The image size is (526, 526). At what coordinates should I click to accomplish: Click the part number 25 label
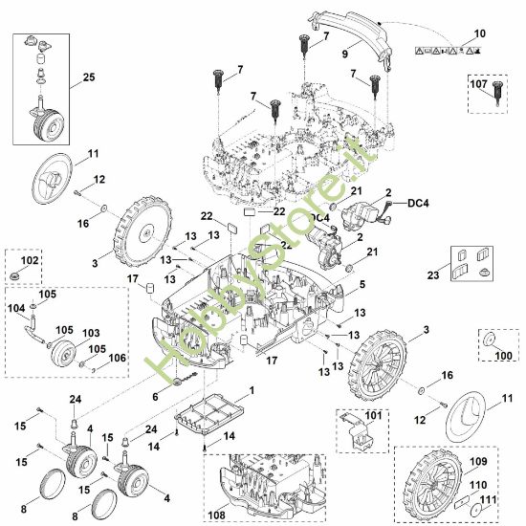coord(89,77)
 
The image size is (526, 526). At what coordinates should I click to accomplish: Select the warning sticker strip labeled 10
coord(448,51)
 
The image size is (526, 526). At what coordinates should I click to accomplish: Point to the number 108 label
coord(216,515)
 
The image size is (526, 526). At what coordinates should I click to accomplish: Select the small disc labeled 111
coord(475,511)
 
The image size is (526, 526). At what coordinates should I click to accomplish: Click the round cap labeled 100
coord(489,340)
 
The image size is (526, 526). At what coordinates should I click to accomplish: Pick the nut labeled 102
coord(14,276)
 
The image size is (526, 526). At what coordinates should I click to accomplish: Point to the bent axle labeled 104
coord(33,331)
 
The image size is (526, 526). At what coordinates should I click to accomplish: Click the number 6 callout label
coord(155,397)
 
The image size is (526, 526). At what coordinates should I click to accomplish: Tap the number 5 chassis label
coord(362,284)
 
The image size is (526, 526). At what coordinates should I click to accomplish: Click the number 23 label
coord(433,275)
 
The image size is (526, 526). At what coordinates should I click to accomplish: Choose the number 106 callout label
coord(118,358)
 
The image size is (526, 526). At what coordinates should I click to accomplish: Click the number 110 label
coord(478,485)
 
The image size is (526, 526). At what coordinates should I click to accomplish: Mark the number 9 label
coord(345,54)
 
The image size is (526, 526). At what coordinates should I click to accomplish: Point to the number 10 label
coord(480,33)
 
